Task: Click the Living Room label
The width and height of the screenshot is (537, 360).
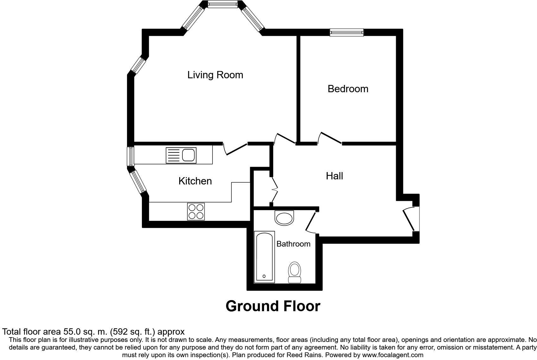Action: (x=215, y=75)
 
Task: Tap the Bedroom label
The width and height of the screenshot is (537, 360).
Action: (x=348, y=89)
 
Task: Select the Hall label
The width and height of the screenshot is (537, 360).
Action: (x=334, y=176)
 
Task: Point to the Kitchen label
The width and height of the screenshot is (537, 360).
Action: (x=195, y=181)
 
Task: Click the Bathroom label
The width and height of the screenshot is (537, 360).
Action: (x=293, y=244)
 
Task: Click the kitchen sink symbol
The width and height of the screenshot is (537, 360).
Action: (x=181, y=156)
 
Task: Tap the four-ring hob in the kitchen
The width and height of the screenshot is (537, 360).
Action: (x=196, y=211)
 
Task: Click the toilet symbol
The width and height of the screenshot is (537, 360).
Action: (x=294, y=272)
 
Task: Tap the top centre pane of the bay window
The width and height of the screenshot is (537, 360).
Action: (x=222, y=4)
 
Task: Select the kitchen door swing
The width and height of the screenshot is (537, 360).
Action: (x=235, y=149)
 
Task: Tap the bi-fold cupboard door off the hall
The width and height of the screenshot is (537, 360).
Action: (x=274, y=190)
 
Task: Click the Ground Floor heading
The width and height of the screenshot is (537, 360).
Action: (x=273, y=306)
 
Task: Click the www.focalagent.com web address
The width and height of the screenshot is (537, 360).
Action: (x=393, y=355)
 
